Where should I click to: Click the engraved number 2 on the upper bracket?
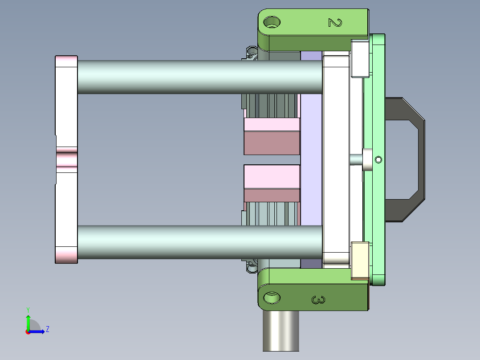334,22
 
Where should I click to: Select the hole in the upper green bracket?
272,21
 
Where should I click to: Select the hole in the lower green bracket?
272,297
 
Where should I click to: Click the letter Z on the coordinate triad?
47,329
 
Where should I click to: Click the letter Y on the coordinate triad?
28,309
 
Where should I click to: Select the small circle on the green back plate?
378,160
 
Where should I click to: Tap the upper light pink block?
272,124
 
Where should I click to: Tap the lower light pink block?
272,177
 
